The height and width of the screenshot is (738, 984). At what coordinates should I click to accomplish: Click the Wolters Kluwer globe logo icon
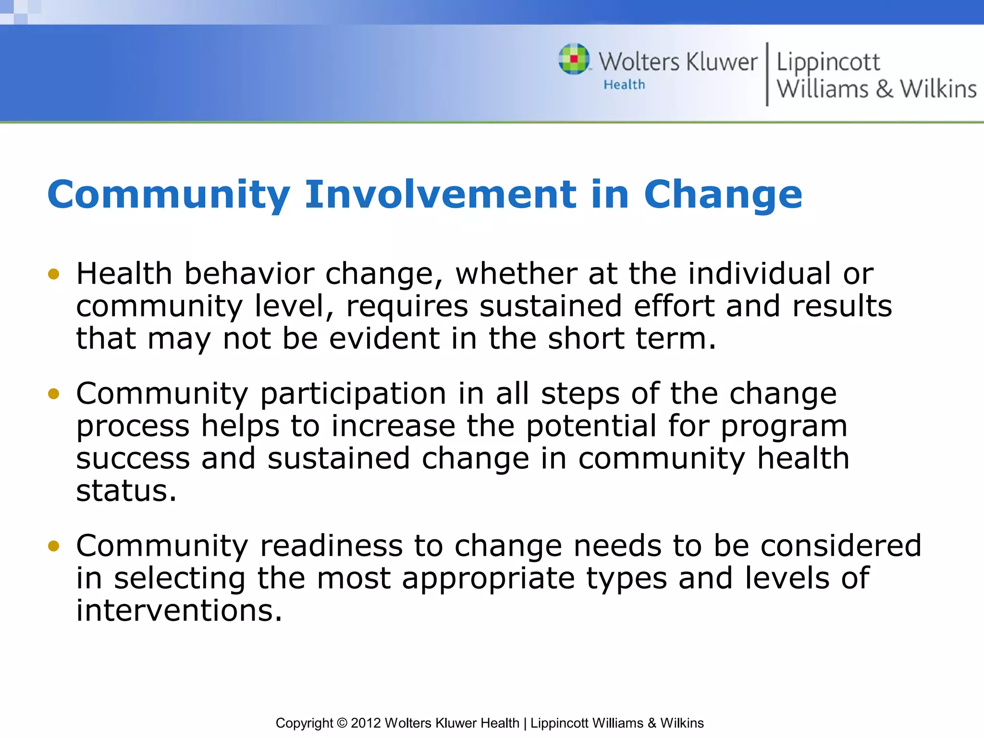pyautogui.click(x=574, y=59)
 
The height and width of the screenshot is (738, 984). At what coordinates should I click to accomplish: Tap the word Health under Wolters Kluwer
pyautogui.click(x=624, y=85)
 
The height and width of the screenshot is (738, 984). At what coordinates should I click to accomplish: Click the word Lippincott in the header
pyautogui.click(x=828, y=62)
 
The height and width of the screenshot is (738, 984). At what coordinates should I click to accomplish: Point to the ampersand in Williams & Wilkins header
pyautogui.click(x=884, y=89)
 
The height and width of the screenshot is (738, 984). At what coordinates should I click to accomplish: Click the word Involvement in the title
pyautogui.click(x=440, y=194)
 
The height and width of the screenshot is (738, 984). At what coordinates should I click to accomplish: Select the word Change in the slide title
pyautogui.click(x=723, y=195)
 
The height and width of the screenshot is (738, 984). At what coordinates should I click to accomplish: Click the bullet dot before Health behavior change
pyautogui.click(x=53, y=274)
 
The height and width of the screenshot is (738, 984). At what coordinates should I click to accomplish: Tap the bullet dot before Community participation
pyautogui.click(x=53, y=394)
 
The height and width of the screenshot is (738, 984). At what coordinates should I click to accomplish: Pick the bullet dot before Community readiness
pyautogui.click(x=53, y=546)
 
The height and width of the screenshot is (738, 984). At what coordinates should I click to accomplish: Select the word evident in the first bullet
pyautogui.click(x=384, y=338)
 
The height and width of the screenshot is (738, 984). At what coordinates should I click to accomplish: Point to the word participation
pyautogui.click(x=353, y=394)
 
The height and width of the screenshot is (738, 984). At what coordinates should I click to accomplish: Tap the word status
pyautogui.click(x=126, y=491)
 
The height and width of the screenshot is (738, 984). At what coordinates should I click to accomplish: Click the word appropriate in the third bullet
pyautogui.click(x=488, y=578)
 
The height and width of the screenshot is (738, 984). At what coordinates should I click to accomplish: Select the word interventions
pyautogui.click(x=179, y=611)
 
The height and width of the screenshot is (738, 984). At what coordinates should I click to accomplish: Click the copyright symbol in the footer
pyautogui.click(x=342, y=723)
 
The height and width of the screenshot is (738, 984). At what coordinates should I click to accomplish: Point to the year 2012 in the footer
pyautogui.click(x=366, y=723)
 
